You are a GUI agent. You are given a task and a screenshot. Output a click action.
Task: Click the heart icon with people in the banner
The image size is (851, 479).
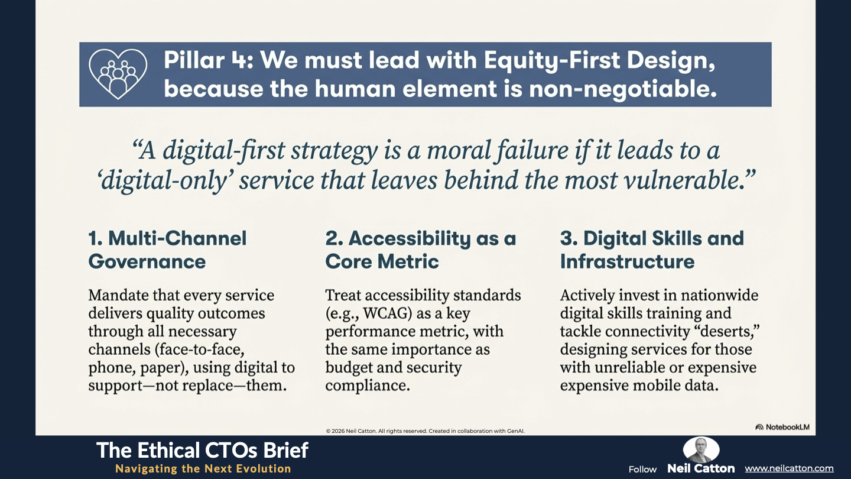click(118, 74)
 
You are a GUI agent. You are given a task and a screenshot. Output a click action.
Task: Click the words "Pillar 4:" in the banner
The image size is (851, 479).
click(209, 60)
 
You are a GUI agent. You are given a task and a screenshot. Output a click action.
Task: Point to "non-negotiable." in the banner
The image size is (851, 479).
click(623, 89)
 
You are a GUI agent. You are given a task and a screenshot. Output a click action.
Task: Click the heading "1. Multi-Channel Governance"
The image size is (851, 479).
click(168, 250)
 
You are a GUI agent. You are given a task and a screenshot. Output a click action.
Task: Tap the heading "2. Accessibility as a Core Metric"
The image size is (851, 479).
click(421, 250)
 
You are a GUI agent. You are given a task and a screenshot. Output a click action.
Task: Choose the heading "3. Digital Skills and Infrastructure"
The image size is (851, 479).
click(652, 250)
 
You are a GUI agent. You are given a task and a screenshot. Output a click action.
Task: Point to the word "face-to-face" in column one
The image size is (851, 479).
click(200, 349)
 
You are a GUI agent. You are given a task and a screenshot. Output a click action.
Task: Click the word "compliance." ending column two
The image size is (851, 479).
click(368, 386)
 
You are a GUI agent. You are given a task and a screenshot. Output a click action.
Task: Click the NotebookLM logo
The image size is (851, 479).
click(782, 427)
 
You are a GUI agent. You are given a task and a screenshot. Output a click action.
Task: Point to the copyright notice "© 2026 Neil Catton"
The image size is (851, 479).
click(351, 431)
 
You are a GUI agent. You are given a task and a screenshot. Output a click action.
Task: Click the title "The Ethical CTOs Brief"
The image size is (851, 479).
click(202, 451)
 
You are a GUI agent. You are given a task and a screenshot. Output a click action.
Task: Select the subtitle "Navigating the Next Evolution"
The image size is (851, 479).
click(203, 469)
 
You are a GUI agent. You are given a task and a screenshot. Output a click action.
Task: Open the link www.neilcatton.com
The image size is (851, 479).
click(789, 468)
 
